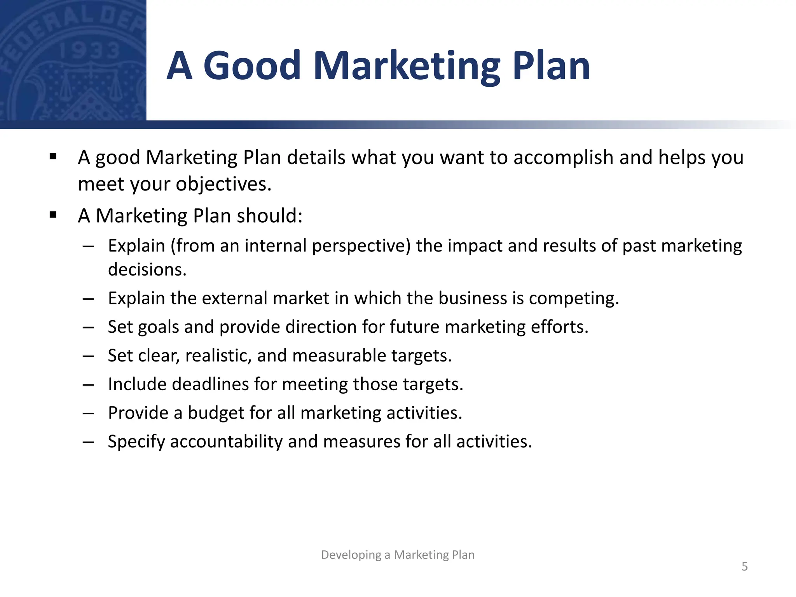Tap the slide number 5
744,566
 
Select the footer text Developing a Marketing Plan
398,555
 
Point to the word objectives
223,184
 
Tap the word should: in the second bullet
269,216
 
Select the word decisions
147,270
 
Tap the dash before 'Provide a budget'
89,413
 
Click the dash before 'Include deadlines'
89,384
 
